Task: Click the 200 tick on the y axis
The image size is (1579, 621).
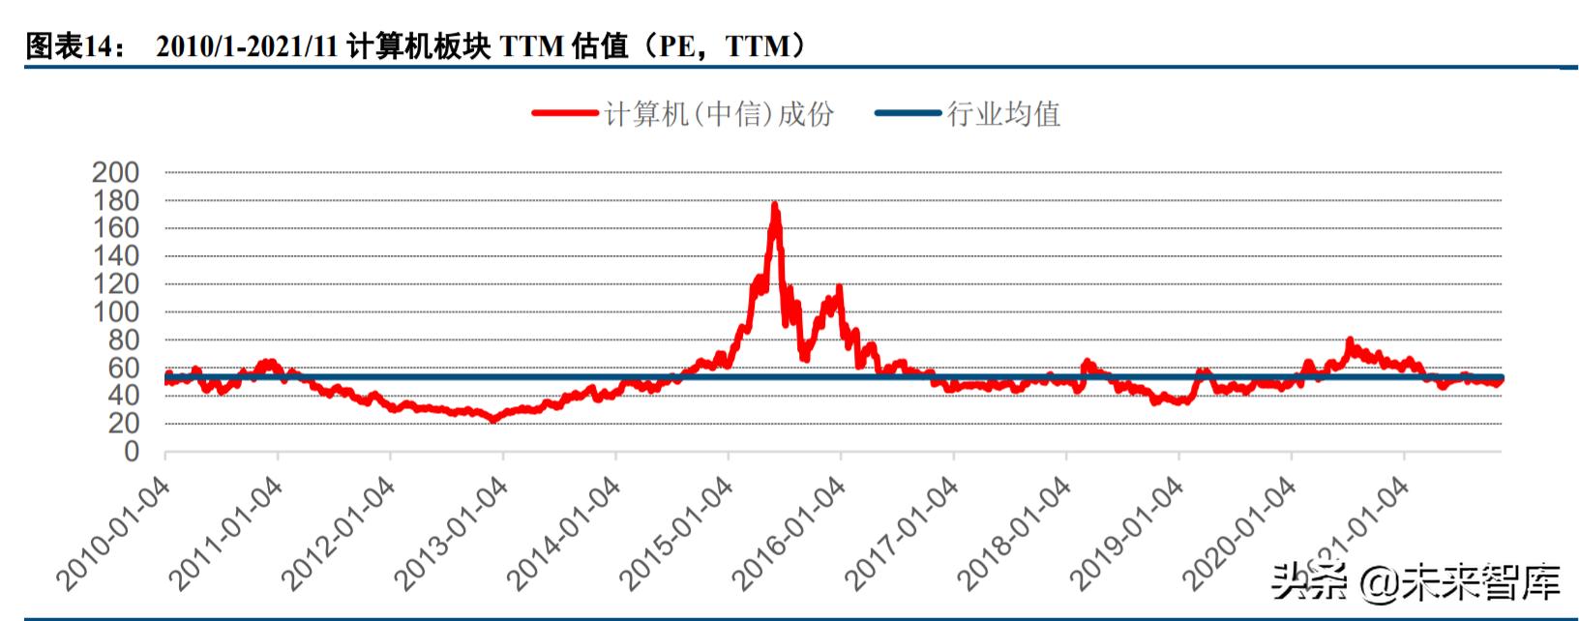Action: pos(116,172)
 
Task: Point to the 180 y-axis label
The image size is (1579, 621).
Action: pos(116,200)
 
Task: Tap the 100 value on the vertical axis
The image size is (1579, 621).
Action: pos(116,311)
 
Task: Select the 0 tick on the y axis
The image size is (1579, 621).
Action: pos(131,452)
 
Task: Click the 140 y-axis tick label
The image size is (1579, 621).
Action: pos(116,256)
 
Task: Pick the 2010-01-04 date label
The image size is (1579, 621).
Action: pos(113,533)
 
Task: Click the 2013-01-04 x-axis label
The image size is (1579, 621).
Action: pos(451,533)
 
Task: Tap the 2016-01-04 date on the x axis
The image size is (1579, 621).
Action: pos(789,533)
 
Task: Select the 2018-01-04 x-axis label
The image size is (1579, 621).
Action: pos(1014,533)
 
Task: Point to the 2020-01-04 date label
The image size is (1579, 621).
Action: pos(1239,533)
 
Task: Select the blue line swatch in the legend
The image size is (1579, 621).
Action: pos(908,114)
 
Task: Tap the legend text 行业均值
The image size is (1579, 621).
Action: pos(1003,114)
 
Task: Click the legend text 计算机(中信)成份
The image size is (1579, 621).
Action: pos(719,114)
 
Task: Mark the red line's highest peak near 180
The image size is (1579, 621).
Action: pos(774,205)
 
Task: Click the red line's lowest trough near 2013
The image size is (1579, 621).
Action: pos(492,420)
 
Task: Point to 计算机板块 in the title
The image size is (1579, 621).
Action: pos(419,45)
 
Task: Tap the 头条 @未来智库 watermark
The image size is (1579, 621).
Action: pos(1415,582)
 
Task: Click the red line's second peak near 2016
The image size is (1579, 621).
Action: pos(838,287)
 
